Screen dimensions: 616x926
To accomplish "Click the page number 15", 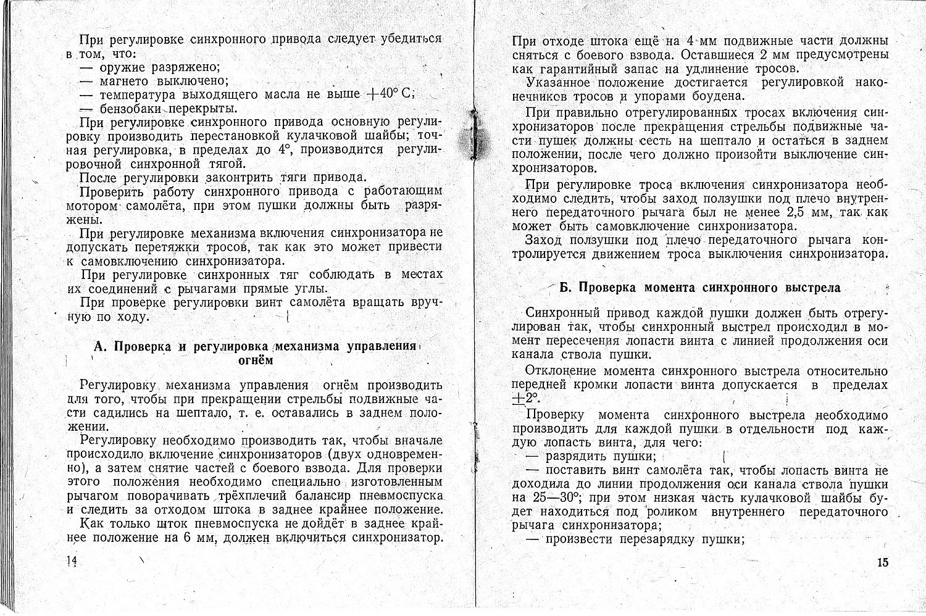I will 881,562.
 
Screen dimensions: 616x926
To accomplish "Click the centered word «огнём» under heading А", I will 256,360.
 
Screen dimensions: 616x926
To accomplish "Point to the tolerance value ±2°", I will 525,398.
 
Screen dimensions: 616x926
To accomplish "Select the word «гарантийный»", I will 581,69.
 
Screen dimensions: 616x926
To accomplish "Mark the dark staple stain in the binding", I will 474,138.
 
